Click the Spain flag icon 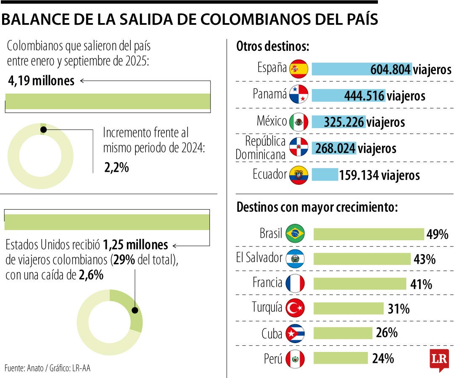299,69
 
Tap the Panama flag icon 299,95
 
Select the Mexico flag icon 299,122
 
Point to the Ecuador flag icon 299,175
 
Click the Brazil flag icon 295,234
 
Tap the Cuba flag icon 295,334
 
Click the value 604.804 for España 390,70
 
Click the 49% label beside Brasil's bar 437,234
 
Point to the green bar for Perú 340,358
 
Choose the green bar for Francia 360,284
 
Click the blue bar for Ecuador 325,175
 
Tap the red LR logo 439,360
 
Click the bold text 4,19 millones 41,81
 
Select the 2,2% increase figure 116,168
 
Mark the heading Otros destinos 272,47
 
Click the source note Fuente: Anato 47,368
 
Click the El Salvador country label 259,257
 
